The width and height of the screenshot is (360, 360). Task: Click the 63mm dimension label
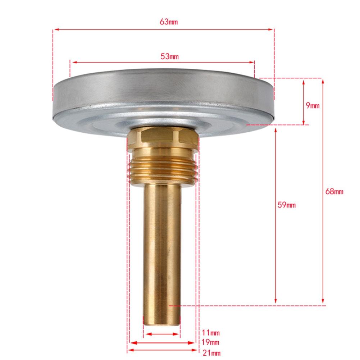[169, 22]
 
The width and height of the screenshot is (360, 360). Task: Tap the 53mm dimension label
[170, 56]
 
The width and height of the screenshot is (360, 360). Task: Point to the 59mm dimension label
[287, 205]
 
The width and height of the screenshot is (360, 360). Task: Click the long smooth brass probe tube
[162, 245]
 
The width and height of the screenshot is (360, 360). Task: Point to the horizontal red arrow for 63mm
[108, 29]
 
